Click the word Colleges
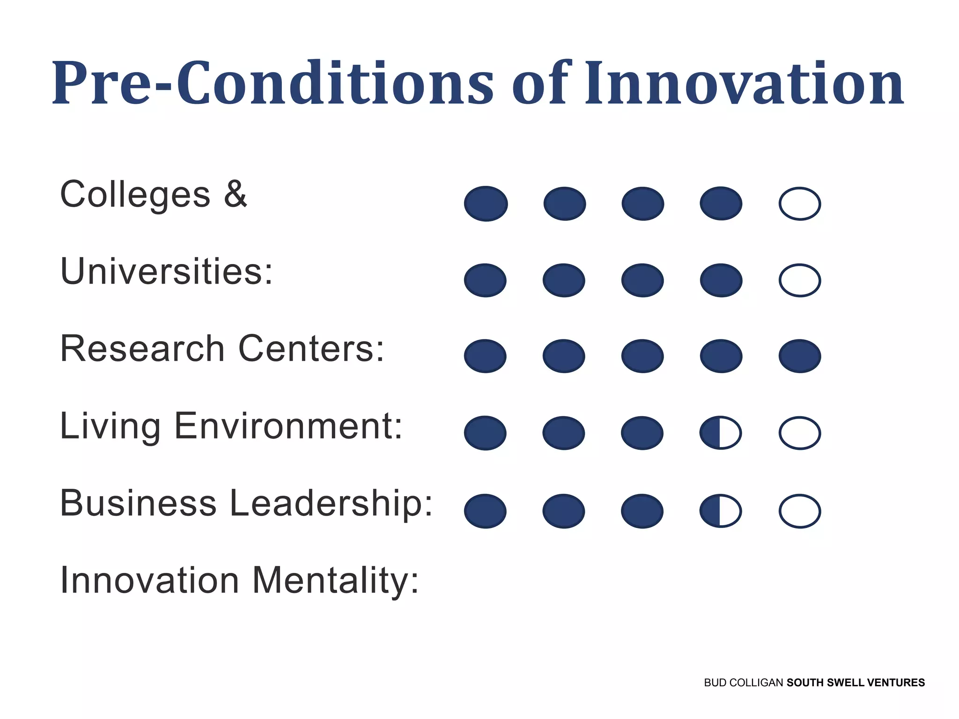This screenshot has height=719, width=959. pos(135,195)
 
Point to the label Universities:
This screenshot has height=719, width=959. pos(166,271)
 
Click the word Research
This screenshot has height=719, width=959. pos(142,349)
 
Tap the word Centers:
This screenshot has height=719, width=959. pos(311,349)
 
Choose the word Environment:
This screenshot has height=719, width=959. pos(288,426)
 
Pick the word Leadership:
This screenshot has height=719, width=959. pos(332,503)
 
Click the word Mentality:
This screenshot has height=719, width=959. pos(335,580)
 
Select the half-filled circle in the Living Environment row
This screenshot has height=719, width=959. pos(721,433)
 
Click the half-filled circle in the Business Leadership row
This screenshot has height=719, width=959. pos(721,511)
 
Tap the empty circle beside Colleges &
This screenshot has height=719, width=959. pos(799,204)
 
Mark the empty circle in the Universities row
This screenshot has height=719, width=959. pos(799,280)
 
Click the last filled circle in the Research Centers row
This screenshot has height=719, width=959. pos(799,356)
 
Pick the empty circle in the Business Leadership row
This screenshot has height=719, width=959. pos(799,511)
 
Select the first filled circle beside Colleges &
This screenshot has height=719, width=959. pos(486,204)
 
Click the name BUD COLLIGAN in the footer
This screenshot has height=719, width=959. pos(743,682)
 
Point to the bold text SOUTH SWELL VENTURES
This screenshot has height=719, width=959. pos(856,682)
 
